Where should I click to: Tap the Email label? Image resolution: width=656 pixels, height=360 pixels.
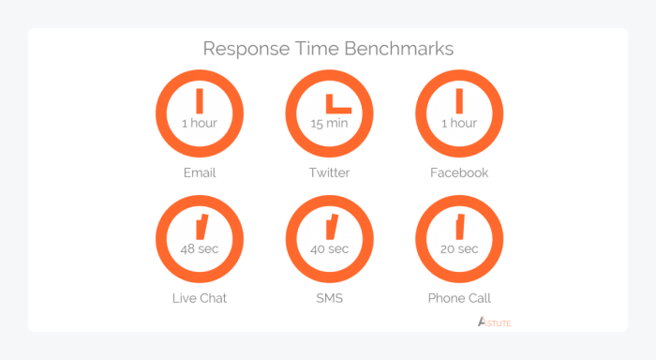[x=199, y=172]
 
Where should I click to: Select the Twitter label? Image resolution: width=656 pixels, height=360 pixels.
[x=329, y=172]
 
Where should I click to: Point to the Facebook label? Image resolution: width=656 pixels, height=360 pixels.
[x=459, y=172]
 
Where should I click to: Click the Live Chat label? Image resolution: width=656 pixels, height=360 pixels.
[x=199, y=298]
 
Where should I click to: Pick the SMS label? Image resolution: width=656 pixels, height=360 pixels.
[x=329, y=298]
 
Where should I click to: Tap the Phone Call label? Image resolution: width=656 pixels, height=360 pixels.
[x=459, y=298]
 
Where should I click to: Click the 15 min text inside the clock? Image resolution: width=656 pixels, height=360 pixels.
[x=329, y=123]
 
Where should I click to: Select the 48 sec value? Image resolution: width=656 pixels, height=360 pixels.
[x=199, y=248]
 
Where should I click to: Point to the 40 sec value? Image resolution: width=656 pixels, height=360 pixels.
[x=329, y=248]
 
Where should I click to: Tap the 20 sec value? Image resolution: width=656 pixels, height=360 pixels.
[x=459, y=248]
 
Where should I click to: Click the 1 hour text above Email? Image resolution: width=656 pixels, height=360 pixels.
[x=199, y=123]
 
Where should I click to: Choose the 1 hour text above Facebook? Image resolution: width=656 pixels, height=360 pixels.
[x=459, y=123]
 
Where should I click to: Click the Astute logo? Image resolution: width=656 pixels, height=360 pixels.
[x=494, y=322]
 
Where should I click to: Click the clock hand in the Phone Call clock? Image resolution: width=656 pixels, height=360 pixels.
[x=460, y=226]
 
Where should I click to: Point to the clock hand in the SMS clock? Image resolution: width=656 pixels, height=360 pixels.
[x=331, y=227]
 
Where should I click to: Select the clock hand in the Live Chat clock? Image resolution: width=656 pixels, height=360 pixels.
[x=201, y=227]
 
